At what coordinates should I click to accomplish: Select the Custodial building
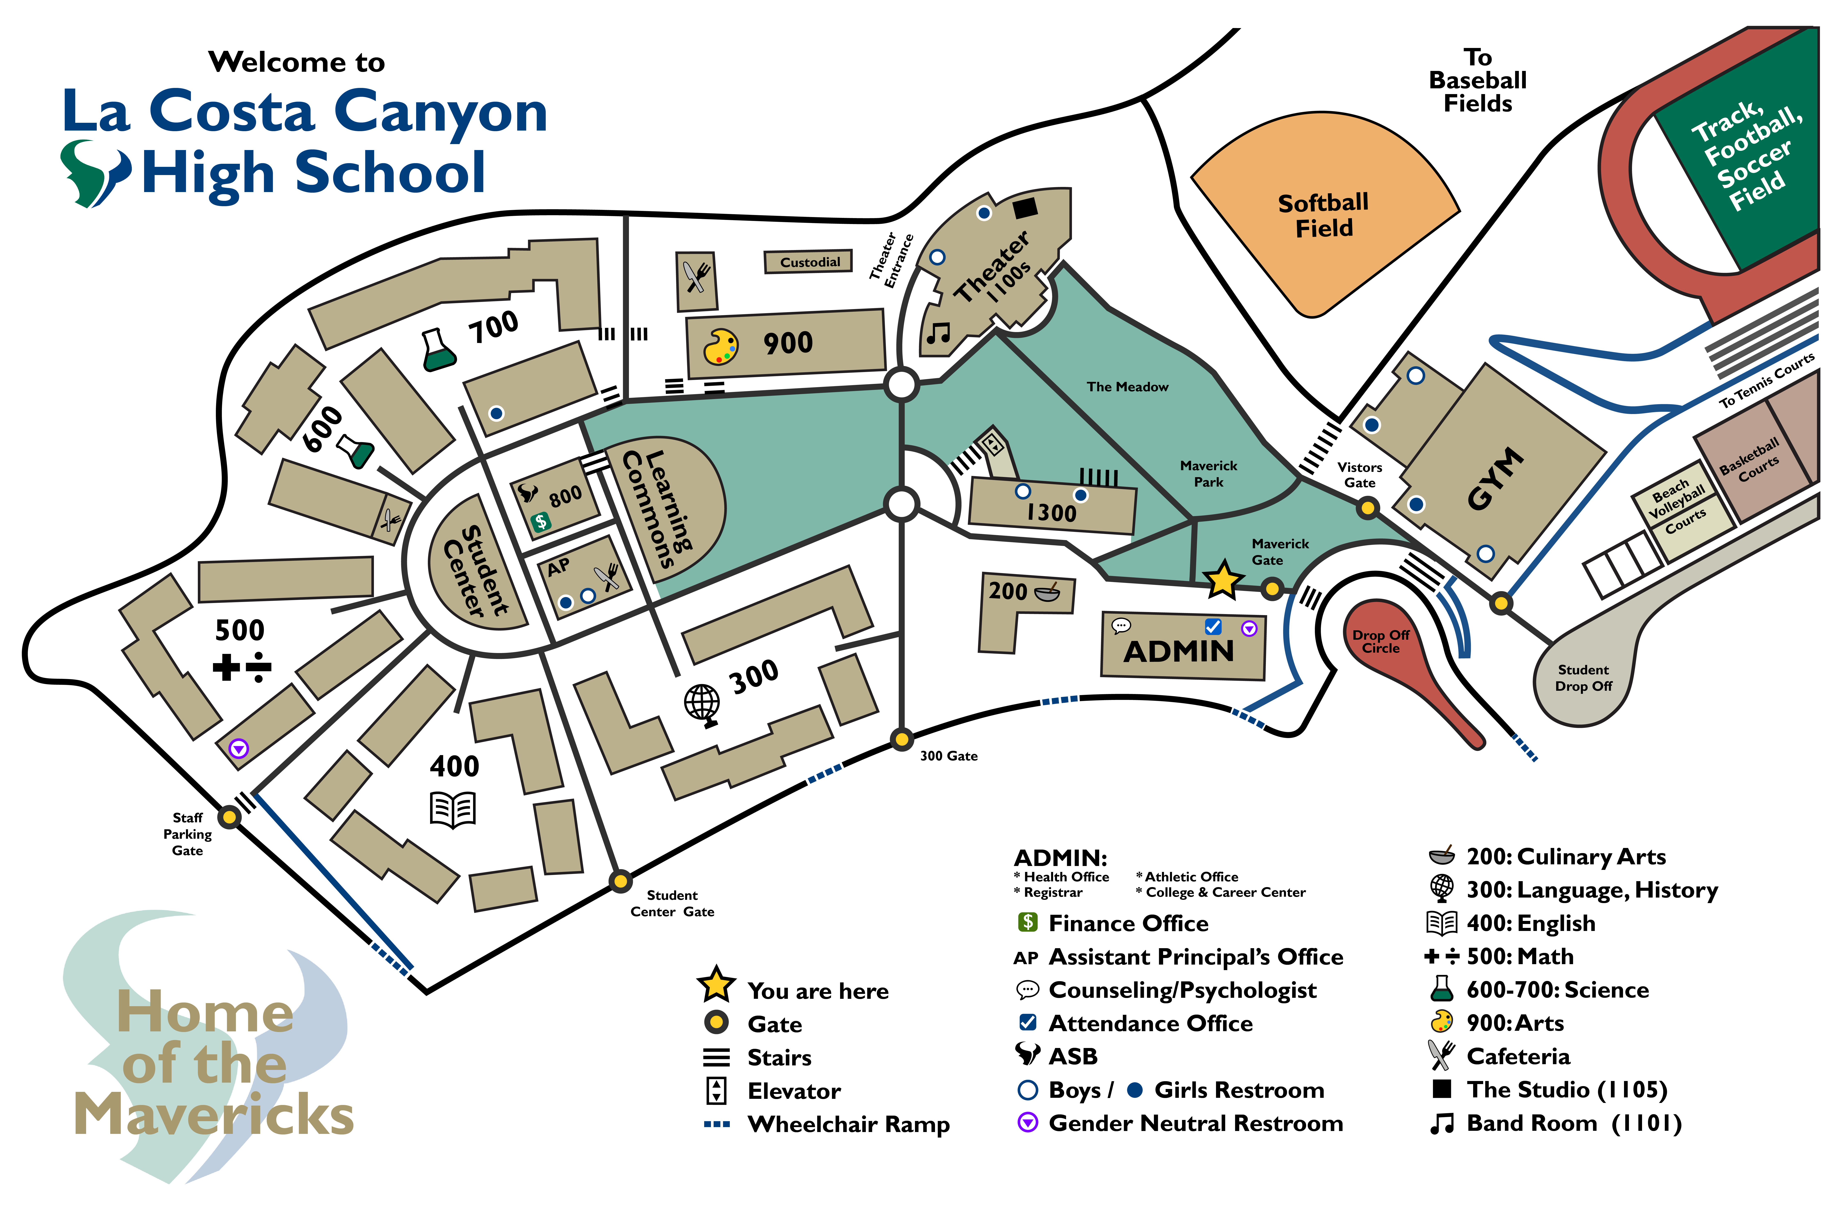[x=809, y=262]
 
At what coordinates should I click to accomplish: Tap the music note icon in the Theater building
[x=937, y=333]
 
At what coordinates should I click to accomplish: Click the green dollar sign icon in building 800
[x=540, y=522]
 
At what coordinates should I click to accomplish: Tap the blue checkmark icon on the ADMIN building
[x=1213, y=626]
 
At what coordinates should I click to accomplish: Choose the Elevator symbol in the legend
[x=716, y=1090]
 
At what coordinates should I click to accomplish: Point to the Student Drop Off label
[x=1583, y=678]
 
